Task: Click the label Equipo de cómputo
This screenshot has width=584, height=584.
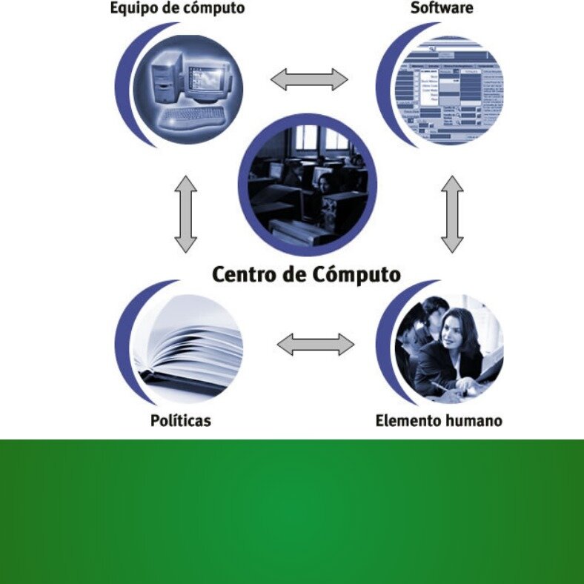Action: tap(177, 8)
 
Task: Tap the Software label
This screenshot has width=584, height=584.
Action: tap(442, 8)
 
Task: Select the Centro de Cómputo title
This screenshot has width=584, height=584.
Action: tap(307, 274)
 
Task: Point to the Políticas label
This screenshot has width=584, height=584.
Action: tap(181, 421)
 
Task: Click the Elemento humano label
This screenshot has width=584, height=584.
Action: tap(439, 421)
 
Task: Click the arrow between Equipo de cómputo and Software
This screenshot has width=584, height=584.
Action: tap(309, 79)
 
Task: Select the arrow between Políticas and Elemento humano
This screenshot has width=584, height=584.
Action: tap(316, 345)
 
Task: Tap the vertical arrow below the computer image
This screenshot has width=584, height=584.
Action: tap(185, 214)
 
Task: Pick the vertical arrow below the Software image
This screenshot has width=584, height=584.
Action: tap(452, 214)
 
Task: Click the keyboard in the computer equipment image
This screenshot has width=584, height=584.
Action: tap(193, 116)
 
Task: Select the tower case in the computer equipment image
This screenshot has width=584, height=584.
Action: tap(167, 77)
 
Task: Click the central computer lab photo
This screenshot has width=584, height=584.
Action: tap(308, 185)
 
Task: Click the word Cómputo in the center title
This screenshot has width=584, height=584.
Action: tap(356, 274)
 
